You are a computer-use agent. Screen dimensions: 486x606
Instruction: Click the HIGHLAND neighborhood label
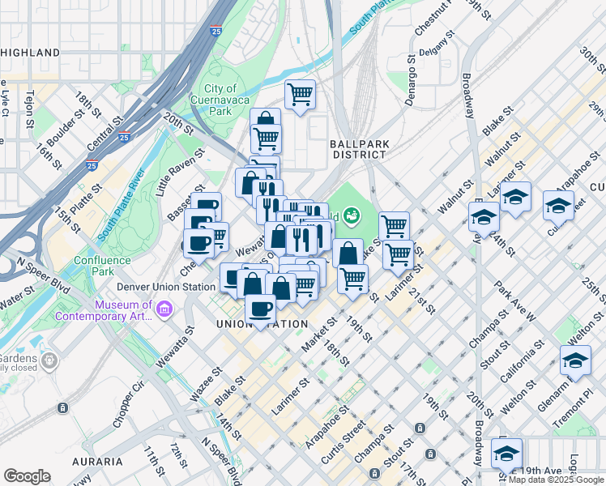click(31, 53)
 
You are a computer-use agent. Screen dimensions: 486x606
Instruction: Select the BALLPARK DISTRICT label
click(357, 148)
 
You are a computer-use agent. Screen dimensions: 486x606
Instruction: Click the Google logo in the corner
click(27, 476)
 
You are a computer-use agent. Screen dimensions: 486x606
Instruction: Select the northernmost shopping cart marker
click(300, 94)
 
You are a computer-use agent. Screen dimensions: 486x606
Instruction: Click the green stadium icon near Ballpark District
click(352, 215)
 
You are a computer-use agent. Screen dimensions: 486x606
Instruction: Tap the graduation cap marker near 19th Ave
click(506, 451)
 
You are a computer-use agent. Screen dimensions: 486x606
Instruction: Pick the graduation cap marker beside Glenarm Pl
click(575, 360)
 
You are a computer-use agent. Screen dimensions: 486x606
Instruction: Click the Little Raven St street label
click(176, 177)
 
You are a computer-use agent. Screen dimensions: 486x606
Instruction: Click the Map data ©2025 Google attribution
click(556, 480)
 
